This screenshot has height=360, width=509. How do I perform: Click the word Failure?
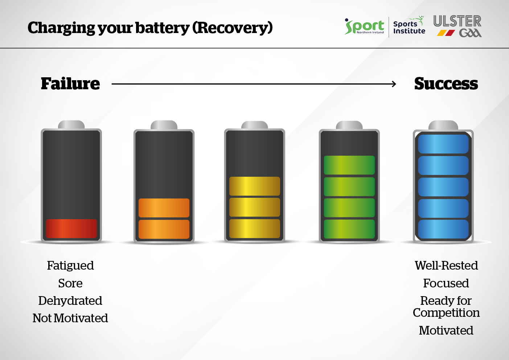(70, 83)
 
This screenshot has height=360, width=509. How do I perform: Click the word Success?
(446, 83)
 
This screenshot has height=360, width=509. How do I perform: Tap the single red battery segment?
(71, 228)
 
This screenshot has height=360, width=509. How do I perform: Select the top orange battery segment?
(164, 208)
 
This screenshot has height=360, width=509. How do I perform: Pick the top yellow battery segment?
(255, 186)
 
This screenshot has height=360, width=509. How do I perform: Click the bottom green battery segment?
(349, 229)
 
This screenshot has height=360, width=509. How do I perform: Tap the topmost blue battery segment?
(443, 144)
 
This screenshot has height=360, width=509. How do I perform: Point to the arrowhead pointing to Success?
(394, 84)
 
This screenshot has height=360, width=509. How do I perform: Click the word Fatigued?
(70, 266)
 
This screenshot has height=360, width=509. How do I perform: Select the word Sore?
(70, 283)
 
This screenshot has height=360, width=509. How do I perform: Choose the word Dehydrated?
(70, 301)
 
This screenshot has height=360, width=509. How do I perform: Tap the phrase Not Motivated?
(70, 318)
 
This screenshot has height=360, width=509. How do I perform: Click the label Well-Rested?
(446, 265)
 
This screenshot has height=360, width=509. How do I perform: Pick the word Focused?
(446, 283)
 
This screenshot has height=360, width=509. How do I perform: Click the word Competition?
(446, 313)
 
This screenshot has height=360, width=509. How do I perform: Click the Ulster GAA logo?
(457, 26)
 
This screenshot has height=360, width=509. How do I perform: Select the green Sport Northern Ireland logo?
(364, 26)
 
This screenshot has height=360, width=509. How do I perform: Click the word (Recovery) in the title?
(233, 28)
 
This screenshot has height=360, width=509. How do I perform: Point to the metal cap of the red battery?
(71, 125)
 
